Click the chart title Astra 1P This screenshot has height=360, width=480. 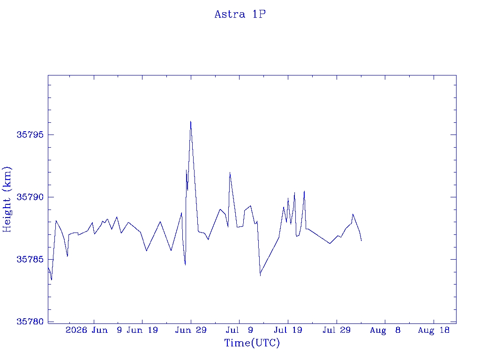(x=240, y=15)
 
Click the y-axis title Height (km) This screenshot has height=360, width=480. (x=7, y=199)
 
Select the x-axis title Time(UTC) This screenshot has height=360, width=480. (x=252, y=343)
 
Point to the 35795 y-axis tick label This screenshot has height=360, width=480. (x=30, y=135)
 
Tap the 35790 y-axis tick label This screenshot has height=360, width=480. (x=30, y=197)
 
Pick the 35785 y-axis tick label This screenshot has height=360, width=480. (x=30, y=259)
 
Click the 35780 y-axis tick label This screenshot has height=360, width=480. (x=30, y=322)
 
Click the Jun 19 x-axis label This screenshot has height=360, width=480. (x=142, y=330)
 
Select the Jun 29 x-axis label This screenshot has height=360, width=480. (x=191, y=330)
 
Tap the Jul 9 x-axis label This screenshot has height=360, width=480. (x=240, y=330)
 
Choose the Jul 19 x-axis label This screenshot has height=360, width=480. (x=288, y=330)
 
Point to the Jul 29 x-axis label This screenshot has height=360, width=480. (x=337, y=330)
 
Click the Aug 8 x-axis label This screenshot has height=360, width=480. (x=385, y=330)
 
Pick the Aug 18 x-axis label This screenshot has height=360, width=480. (x=434, y=330)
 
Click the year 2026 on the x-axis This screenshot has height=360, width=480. (x=76, y=330)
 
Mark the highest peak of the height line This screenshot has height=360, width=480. (x=190, y=121)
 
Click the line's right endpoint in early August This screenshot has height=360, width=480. (x=361, y=241)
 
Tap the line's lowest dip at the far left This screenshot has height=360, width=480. (x=52, y=280)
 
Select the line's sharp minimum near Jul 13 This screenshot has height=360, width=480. (x=260, y=276)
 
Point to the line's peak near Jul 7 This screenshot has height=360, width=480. (x=230, y=172)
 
